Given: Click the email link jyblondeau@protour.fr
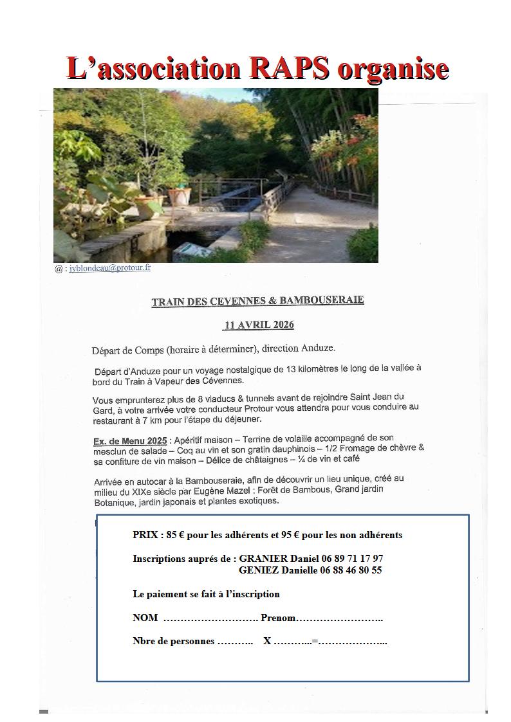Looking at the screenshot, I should pos(110,268).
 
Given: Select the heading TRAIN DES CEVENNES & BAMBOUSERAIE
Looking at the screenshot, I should pos(257,301).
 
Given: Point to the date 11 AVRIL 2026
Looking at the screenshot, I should pos(258,325).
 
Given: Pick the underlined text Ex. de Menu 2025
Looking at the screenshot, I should pos(129,441).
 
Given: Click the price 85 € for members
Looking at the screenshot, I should pos(175,535).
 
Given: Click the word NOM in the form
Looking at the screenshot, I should pos(145,618).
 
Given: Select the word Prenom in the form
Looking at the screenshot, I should pos(278,618).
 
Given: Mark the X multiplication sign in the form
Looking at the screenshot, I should pos(267,642).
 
